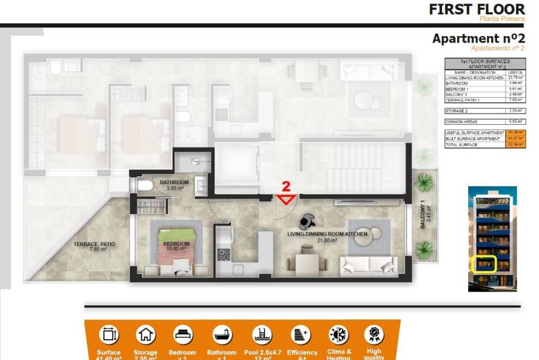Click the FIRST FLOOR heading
(x=477, y=9)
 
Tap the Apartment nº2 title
(x=478, y=38)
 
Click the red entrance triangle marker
(x=287, y=199)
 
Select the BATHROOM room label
(x=174, y=182)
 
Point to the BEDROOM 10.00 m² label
(x=176, y=246)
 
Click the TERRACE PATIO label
(x=94, y=246)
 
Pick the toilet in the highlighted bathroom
(x=144, y=186)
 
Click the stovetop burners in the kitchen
(x=223, y=254)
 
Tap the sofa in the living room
(x=367, y=265)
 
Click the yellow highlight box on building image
(x=484, y=265)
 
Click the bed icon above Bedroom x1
(x=183, y=334)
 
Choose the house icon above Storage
(x=146, y=334)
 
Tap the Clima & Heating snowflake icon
(x=338, y=334)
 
